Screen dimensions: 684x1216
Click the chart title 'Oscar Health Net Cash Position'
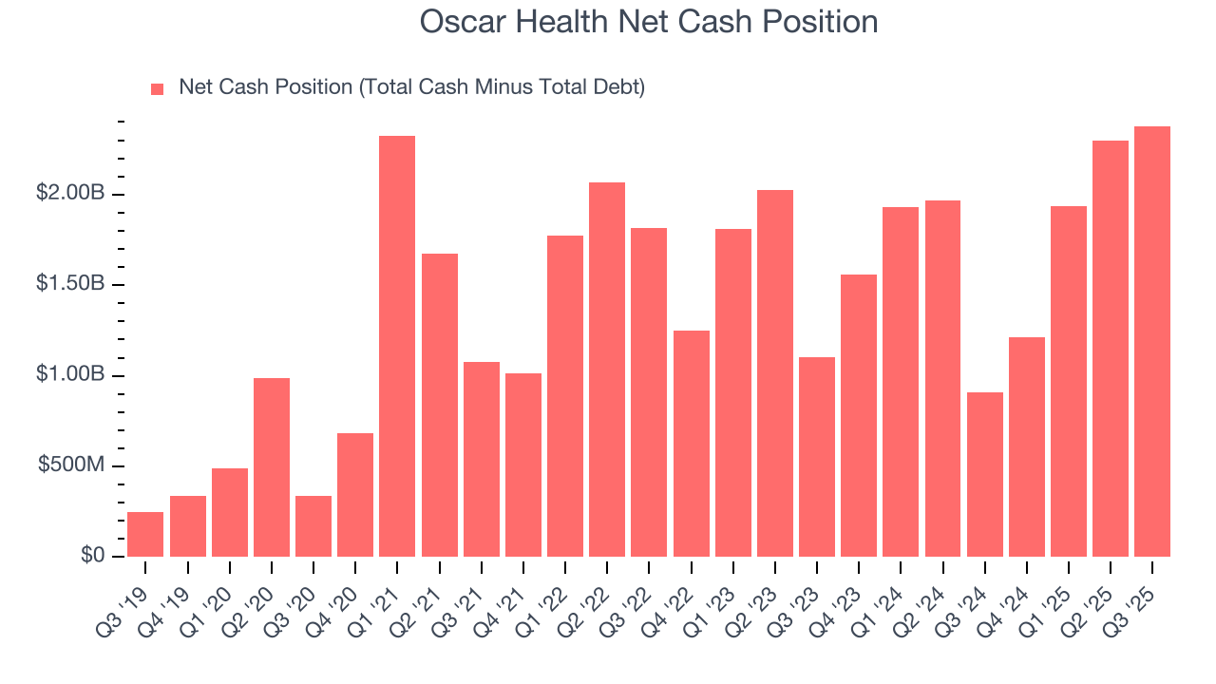[649, 22]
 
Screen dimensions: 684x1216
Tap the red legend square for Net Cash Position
[158, 89]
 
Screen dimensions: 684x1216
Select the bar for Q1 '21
[397, 346]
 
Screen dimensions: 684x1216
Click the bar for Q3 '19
[145, 534]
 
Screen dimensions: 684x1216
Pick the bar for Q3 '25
[1152, 341]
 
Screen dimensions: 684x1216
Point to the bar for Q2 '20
[272, 466]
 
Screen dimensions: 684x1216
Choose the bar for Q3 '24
[984, 474]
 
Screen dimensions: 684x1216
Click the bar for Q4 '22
[691, 443]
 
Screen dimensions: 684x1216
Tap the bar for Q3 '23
[817, 456]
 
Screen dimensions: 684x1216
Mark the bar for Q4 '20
[355, 494]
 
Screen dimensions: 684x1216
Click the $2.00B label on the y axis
[70, 195]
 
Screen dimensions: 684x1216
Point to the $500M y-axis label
[72, 466]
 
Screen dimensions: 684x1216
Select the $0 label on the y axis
[91, 557]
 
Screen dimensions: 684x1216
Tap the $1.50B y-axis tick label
[70, 285]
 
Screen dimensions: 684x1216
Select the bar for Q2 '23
[775, 372]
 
